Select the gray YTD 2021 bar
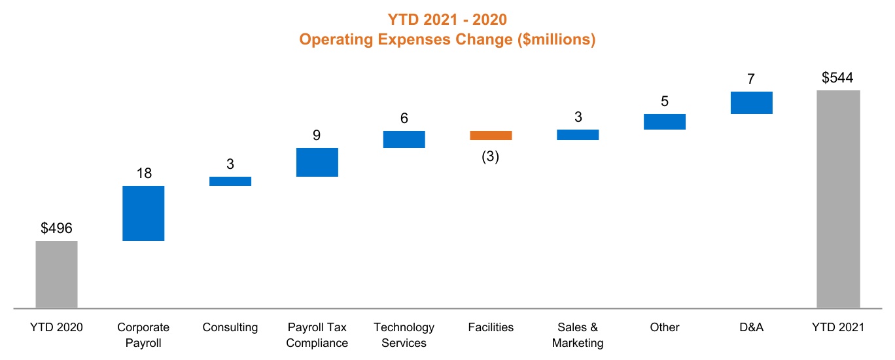click(838, 198)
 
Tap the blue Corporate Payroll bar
click(143, 213)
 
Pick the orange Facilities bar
click(491, 135)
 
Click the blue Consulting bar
click(230, 181)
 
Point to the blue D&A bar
click(752, 103)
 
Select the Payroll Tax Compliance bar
click(317, 162)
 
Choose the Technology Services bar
click(404, 139)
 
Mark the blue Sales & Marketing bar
click(578, 135)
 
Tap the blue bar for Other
click(665, 122)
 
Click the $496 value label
click(56, 228)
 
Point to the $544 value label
click(837, 78)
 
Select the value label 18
click(143, 173)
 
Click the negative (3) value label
click(491, 157)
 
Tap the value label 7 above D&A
click(751, 79)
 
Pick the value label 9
click(317, 135)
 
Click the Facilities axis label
click(491, 327)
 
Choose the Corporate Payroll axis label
click(143, 334)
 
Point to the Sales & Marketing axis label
click(578, 334)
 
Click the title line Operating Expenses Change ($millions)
click(448, 39)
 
